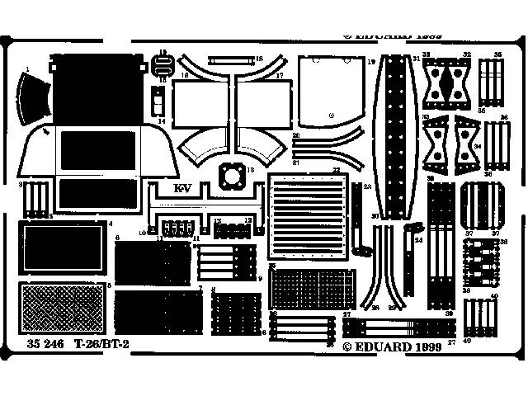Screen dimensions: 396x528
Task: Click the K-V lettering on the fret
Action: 181,188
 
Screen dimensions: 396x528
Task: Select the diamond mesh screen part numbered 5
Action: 62,309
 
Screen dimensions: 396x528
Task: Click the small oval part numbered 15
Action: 163,59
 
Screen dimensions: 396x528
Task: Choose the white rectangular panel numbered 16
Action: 199,102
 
